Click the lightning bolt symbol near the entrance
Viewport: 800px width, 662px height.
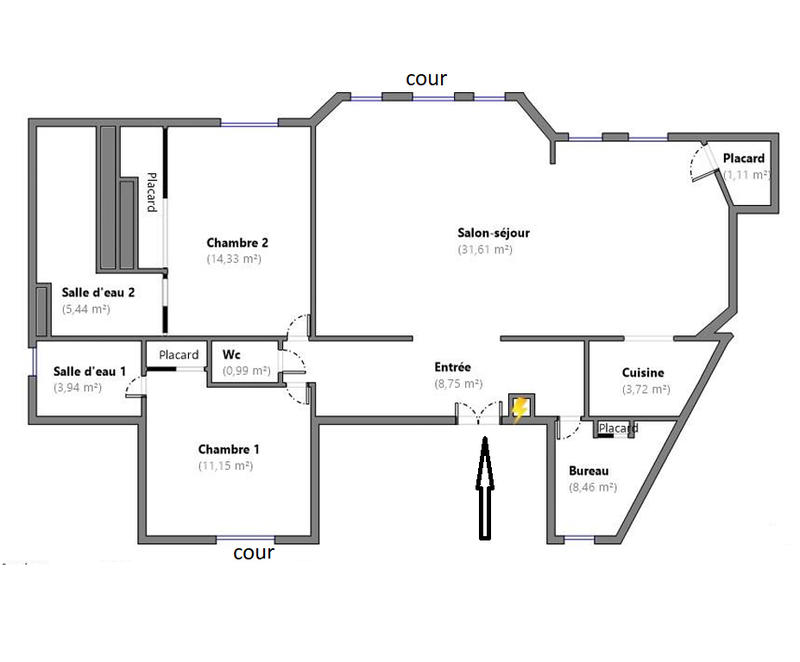tap(519, 410)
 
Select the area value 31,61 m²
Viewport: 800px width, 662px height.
tap(485, 250)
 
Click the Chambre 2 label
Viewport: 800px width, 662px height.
tap(237, 242)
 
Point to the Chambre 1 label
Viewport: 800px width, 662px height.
tap(228, 449)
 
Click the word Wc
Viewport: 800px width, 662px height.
tap(231, 354)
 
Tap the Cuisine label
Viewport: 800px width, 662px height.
tap(643, 373)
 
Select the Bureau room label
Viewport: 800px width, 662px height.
tap(589, 471)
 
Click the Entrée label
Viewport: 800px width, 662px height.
tap(452, 367)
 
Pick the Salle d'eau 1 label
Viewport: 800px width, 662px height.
tap(89, 372)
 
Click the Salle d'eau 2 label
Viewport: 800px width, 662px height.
tap(98, 292)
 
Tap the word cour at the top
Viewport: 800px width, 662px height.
tap(425, 78)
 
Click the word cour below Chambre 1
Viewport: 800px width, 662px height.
tap(253, 551)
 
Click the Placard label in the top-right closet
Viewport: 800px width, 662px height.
tap(744, 158)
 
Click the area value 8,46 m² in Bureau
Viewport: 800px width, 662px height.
tap(592, 488)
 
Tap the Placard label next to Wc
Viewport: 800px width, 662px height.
tap(179, 355)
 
